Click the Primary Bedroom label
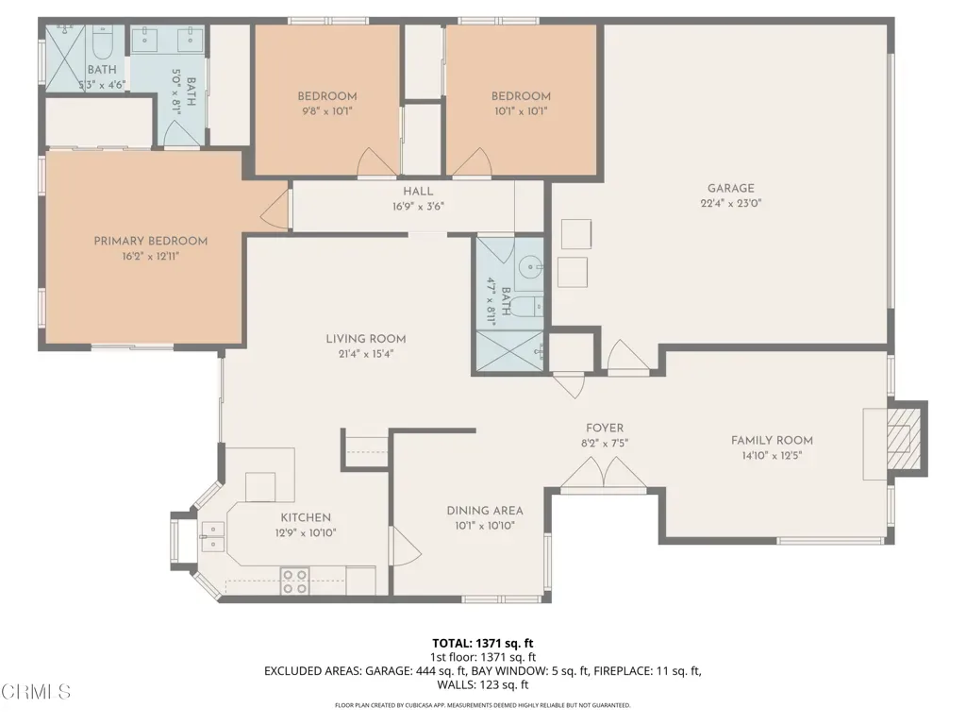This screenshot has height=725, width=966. click(150, 241)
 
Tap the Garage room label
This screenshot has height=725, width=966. click(731, 188)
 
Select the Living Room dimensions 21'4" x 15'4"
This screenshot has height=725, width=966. click(366, 354)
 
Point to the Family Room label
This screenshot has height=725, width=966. click(772, 440)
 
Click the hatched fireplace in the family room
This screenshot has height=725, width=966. click(904, 439)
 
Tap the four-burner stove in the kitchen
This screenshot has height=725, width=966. click(294, 582)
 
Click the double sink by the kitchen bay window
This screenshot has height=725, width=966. click(213, 536)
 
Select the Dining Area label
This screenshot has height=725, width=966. click(485, 511)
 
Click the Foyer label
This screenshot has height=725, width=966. click(605, 428)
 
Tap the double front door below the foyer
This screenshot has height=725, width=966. click(604, 476)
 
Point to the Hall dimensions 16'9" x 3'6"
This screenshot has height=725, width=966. click(418, 207)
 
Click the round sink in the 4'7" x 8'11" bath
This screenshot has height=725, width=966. click(529, 267)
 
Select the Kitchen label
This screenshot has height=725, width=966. click(306, 517)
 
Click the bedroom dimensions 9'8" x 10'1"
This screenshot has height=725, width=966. click(327, 111)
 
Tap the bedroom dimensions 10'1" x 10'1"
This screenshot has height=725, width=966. click(521, 111)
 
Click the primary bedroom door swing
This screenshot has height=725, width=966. click(275, 209)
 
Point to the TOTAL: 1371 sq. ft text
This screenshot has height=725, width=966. click(482, 644)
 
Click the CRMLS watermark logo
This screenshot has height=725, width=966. click(36, 691)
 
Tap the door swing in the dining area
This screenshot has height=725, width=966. click(406, 547)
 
